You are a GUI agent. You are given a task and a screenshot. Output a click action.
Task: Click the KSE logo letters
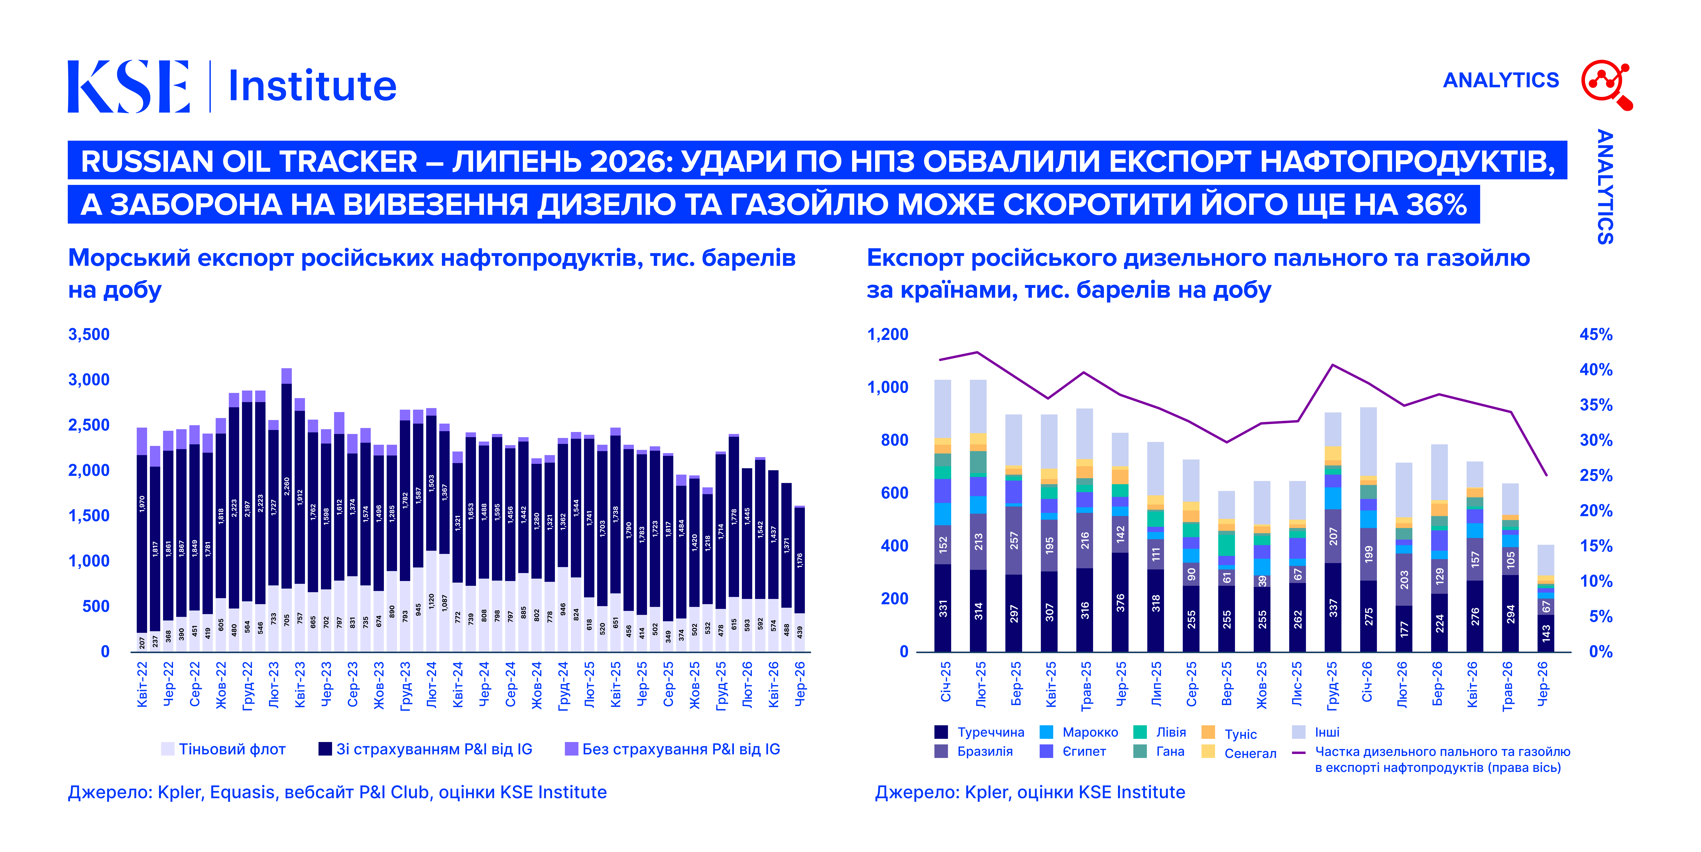pyautogui.click(x=129, y=86)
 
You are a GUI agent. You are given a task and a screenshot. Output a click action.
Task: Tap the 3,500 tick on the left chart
pyautogui.click(x=89, y=335)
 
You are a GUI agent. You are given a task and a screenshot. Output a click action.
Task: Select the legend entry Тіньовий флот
pyautogui.click(x=223, y=749)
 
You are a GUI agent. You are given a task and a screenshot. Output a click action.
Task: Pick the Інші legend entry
pyautogui.click(x=1316, y=732)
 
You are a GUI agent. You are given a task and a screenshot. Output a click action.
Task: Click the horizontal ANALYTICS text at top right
pyautogui.click(x=1501, y=80)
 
